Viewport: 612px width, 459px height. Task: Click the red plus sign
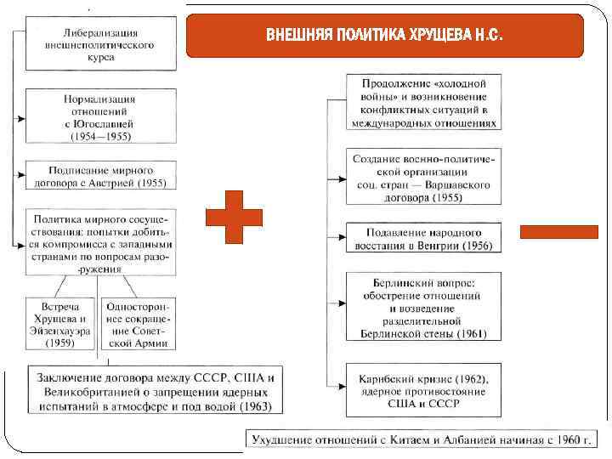point(235,217)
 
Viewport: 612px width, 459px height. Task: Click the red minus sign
point(547,231)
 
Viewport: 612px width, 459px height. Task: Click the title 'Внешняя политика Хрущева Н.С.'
point(385,36)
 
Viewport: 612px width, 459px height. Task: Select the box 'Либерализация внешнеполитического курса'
point(101,44)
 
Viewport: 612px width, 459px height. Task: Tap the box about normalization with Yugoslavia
point(101,116)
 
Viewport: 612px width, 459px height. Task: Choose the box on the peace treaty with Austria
point(101,175)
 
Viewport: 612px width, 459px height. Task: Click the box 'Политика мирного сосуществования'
point(101,241)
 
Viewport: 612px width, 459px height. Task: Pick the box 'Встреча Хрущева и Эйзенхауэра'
point(59,324)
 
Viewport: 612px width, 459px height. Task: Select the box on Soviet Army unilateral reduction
point(137,324)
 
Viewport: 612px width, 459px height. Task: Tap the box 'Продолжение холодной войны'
point(423,102)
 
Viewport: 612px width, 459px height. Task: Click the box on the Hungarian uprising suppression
point(423,239)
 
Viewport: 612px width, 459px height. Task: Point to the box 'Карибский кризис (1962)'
point(423,390)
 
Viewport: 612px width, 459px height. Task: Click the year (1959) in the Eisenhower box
point(59,344)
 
